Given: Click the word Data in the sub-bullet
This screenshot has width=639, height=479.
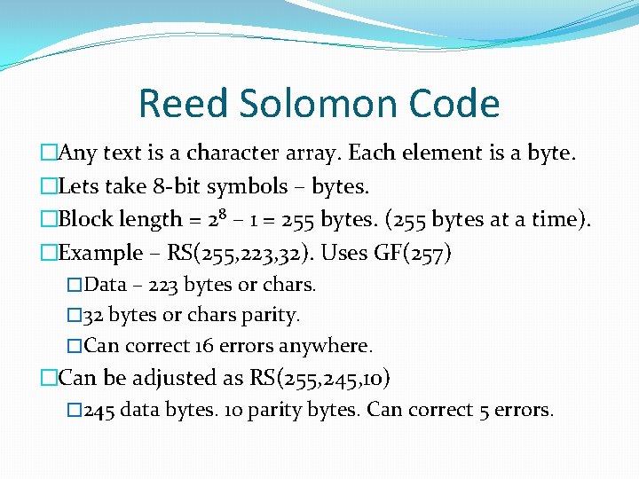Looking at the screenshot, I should pos(106,285).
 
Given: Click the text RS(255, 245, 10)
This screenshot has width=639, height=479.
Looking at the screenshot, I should pos(319,378).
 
